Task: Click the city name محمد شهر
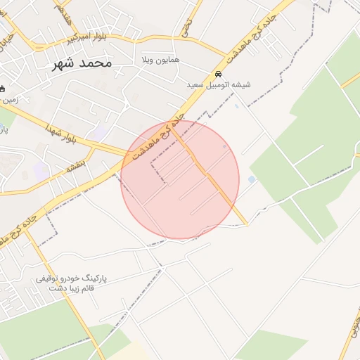click(82, 63)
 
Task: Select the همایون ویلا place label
click(160, 60)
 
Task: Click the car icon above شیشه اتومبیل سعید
click(218, 74)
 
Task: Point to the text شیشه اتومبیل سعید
click(218, 85)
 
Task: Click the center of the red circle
click(180, 180)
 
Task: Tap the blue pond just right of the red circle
click(252, 180)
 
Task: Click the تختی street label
click(186, 27)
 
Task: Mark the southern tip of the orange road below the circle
click(247, 225)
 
